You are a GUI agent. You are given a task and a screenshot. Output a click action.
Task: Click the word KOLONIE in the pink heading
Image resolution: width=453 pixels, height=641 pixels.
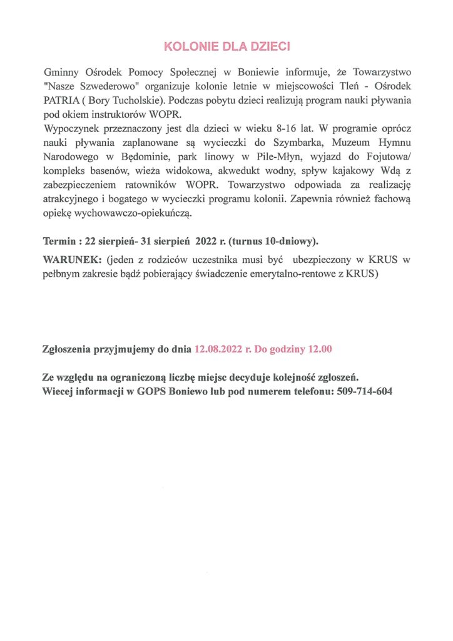pos(186,46)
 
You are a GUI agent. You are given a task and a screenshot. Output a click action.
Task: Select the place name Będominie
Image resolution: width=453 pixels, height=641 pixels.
pos(142,157)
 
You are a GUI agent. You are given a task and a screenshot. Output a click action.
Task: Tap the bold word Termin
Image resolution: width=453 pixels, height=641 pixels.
pos(60,241)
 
